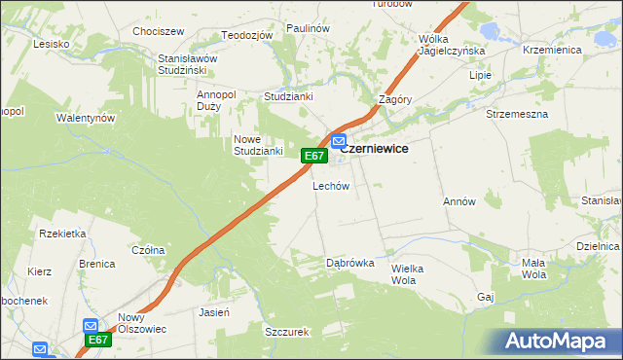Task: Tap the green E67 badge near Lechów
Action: [312, 156]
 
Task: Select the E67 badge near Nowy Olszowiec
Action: [98, 340]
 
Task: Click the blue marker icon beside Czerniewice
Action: [338, 142]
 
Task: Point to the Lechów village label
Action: [330, 186]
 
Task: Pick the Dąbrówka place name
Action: [350, 262]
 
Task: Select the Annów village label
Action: [458, 201]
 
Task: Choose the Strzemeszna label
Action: [517, 114]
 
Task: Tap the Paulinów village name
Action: [309, 29]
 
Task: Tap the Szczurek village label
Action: [286, 331]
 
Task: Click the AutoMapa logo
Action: [555, 342]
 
